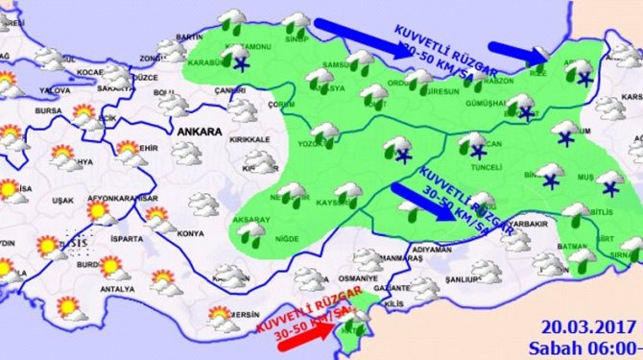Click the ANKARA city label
click(196, 130)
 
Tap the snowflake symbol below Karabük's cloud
click(239, 63)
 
